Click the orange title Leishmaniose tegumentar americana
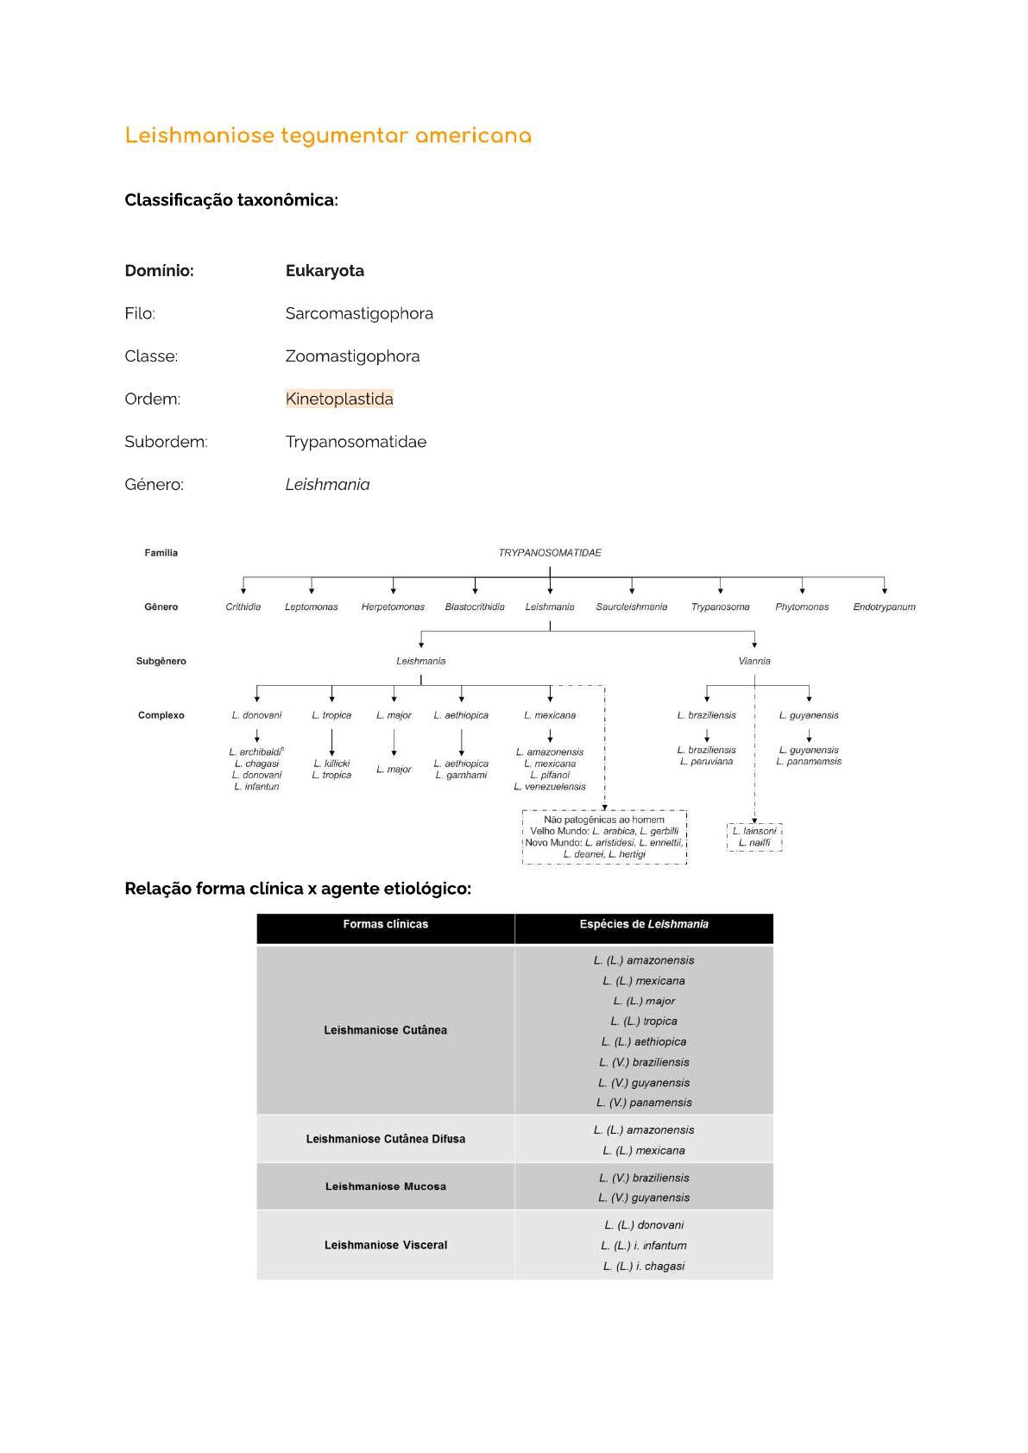pos(328,136)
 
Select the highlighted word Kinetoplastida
pos(339,399)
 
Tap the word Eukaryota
pos(325,271)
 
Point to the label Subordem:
pos(166,442)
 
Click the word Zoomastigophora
pos(352,356)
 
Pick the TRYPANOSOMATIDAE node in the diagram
pos(550,553)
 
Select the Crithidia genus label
pos(243,607)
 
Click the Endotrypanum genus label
pos(884,607)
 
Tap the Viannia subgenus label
pos(754,662)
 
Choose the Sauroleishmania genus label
pos(632,607)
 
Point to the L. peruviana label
pos(706,762)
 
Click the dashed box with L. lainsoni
pos(754,837)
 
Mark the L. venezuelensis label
pos(550,787)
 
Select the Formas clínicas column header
pos(386,925)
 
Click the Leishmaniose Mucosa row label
pos(386,1187)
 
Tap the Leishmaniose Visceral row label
pos(386,1246)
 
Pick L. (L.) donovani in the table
pos(644,1225)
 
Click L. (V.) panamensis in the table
pos(644,1103)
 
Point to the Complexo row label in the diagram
pos(161,715)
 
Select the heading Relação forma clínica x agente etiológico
pos(298,889)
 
